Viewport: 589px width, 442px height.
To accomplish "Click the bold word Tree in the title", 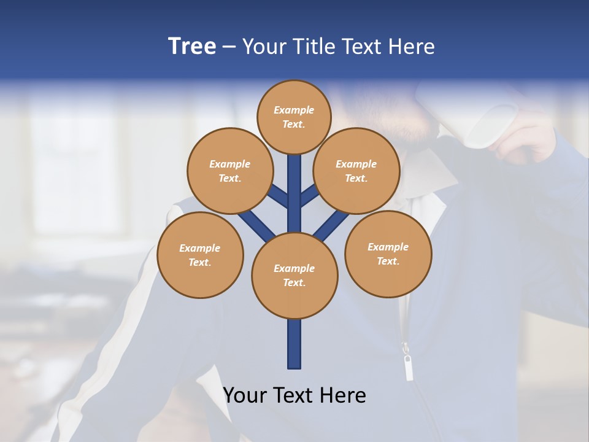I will click(192, 47).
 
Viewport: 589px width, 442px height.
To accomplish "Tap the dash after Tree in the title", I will click(229, 47).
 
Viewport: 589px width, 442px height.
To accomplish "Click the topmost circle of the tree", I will click(294, 117).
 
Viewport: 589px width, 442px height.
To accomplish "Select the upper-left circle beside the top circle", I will click(230, 171).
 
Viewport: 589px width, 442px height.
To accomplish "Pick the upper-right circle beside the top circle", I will click(356, 171).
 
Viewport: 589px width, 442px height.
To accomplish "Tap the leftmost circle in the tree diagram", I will click(200, 255).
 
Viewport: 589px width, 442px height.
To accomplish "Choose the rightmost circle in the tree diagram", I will click(388, 254).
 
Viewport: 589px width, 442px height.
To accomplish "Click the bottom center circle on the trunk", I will click(294, 275).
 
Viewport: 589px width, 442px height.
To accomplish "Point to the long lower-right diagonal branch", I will click(331, 224).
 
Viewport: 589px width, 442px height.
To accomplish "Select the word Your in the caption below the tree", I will click(245, 395).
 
